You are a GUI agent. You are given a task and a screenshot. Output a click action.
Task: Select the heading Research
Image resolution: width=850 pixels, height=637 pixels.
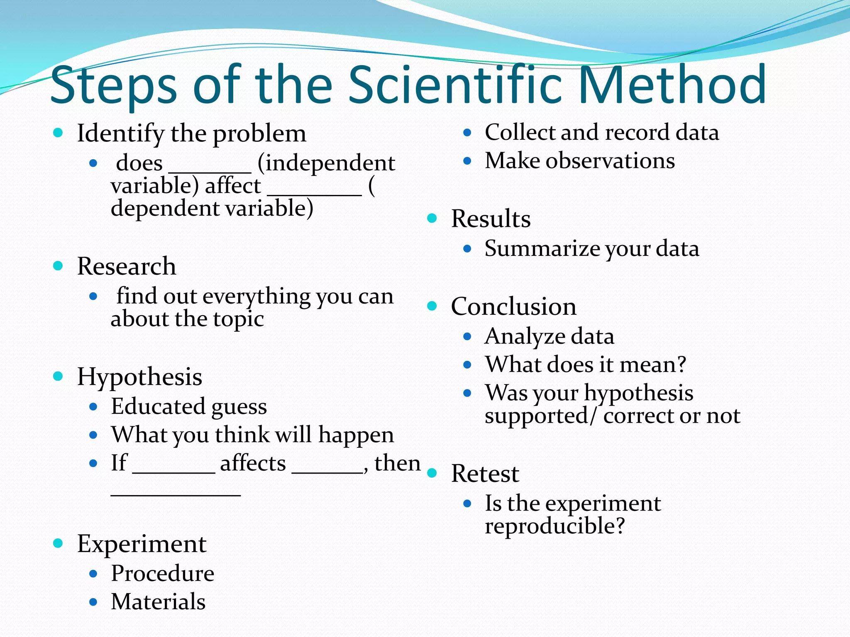coord(127,266)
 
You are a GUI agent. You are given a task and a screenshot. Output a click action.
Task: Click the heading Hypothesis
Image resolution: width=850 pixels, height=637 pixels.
coord(139,377)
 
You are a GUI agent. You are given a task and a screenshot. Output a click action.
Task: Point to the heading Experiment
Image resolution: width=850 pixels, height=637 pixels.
coord(142,544)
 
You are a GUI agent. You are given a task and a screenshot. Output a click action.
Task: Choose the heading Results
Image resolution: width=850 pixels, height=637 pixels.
coord(491,219)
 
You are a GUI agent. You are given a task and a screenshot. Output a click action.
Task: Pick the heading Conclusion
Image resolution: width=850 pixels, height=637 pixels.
coord(513,306)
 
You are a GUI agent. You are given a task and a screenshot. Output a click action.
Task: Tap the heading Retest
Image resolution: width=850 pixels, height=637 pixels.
coord(485,474)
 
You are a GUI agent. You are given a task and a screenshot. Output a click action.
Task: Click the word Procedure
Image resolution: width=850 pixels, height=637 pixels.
coord(162,574)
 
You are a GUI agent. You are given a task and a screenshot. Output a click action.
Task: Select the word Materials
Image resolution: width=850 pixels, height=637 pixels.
coord(158,602)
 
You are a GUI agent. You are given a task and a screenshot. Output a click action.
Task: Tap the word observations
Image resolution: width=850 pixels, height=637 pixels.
coord(610,161)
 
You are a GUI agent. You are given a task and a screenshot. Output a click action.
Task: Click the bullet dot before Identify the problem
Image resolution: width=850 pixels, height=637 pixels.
coord(58,133)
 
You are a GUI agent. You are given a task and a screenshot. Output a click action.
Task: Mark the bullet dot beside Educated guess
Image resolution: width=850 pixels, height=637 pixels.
coord(93,407)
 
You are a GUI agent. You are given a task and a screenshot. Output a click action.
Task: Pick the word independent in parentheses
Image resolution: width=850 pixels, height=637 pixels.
coord(330,163)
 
